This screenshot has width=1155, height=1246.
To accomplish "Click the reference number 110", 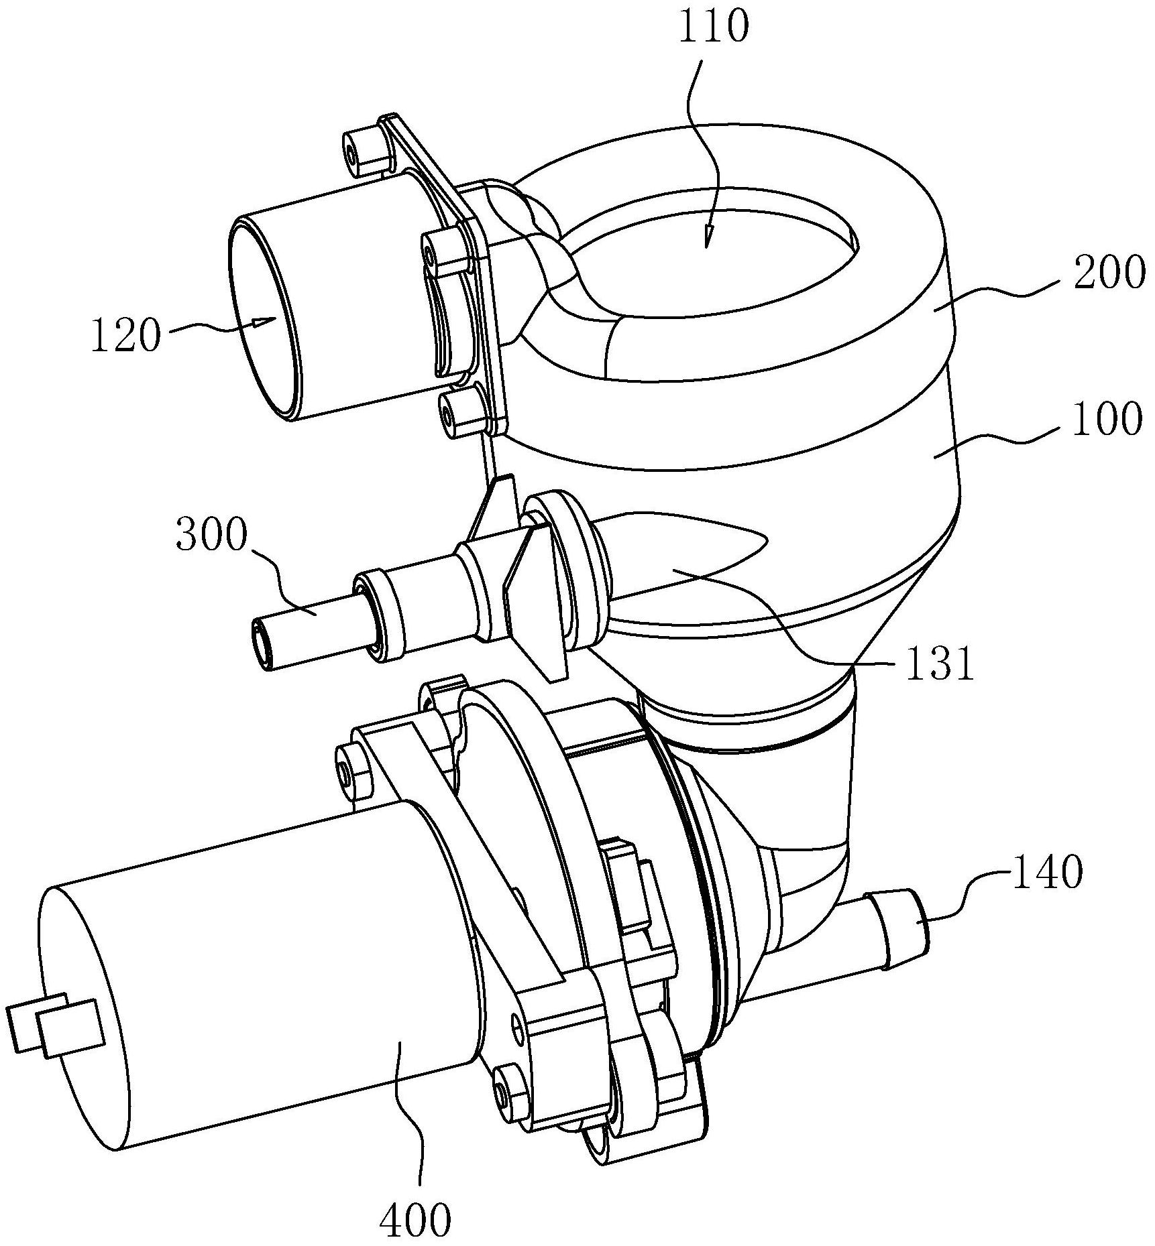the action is click(714, 28).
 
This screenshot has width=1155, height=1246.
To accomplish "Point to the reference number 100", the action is click(1107, 420).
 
